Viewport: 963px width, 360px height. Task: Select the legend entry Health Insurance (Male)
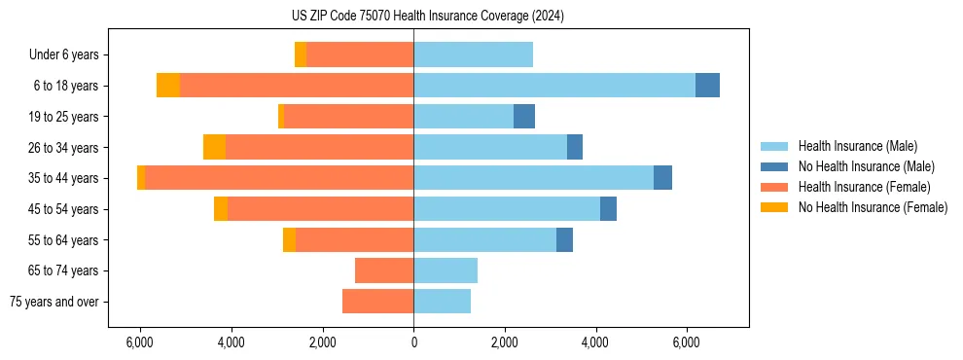tap(857, 146)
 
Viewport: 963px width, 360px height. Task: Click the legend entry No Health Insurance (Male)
tap(866, 166)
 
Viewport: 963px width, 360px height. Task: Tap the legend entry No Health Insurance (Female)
tap(873, 207)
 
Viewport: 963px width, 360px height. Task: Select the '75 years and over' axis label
tap(54, 302)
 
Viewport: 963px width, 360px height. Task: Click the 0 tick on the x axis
tap(413, 342)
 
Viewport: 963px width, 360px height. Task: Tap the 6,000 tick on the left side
tap(140, 342)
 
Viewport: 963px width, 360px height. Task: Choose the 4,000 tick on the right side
tap(595, 342)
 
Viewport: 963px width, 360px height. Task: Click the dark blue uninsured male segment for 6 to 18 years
tap(707, 86)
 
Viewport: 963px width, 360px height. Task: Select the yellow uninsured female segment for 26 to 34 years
tap(214, 147)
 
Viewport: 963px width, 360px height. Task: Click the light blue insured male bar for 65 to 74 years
tap(446, 270)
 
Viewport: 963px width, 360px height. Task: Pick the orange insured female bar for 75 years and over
tap(377, 302)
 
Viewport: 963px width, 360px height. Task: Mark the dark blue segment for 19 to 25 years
tap(524, 117)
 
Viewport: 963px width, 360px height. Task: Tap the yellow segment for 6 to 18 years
tap(168, 86)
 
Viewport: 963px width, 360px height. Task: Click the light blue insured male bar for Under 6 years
tap(473, 54)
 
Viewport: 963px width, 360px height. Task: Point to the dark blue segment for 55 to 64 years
tap(564, 239)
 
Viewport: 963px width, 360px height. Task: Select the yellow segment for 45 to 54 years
tap(221, 209)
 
